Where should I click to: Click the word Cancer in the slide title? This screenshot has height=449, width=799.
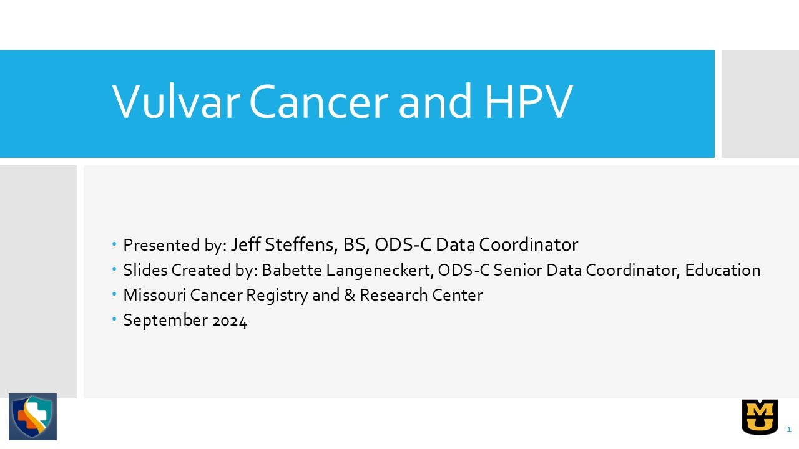pyautogui.click(x=318, y=101)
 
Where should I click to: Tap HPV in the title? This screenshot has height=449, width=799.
pyautogui.click(x=527, y=101)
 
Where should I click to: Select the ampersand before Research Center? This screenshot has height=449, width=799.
pyautogui.click(x=350, y=295)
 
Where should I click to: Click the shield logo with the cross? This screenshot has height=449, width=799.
pyautogui.click(x=32, y=417)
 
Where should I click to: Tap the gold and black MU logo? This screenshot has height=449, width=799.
pyautogui.click(x=760, y=417)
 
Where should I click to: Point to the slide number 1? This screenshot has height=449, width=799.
pyautogui.click(x=789, y=429)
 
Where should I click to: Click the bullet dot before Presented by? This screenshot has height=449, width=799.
pyautogui.click(x=115, y=244)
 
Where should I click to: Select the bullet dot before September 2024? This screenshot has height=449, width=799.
pyautogui.click(x=115, y=319)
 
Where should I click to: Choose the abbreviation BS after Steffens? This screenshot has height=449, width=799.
pyautogui.click(x=356, y=244)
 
